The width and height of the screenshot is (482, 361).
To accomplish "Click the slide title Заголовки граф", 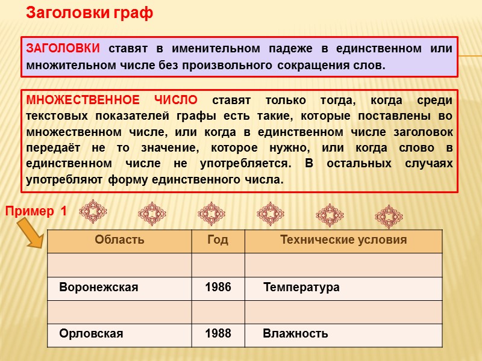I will [x=89, y=13].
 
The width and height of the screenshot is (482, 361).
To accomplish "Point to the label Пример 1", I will [x=37, y=211].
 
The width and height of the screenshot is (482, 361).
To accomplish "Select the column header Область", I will [x=119, y=240].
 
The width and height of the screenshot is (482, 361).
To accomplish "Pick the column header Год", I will [x=218, y=240].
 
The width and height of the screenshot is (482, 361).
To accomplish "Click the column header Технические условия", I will [x=343, y=240].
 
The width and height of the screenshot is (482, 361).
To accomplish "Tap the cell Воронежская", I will [x=99, y=288].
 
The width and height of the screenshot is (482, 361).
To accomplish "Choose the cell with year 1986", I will [x=218, y=288].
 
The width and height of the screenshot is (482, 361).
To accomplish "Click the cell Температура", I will [x=301, y=288].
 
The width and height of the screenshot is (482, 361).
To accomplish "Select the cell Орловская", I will [x=91, y=333].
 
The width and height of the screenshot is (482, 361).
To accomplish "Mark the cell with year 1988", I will [x=218, y=333].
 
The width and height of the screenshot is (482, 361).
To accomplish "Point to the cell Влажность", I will [x=295, y=333].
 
